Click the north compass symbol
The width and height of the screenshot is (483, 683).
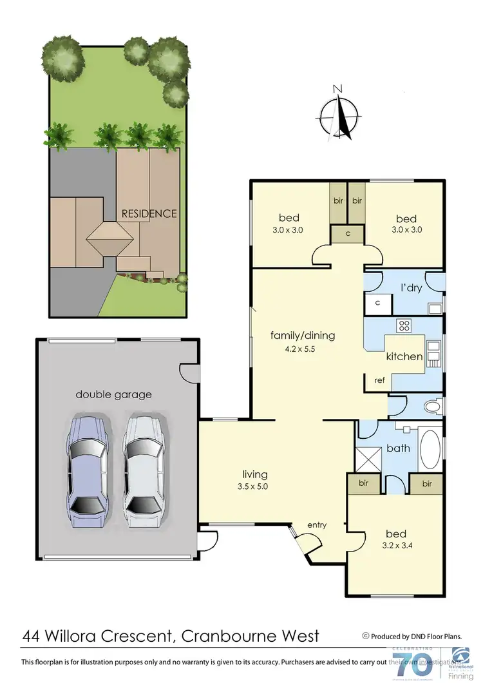point(339,117)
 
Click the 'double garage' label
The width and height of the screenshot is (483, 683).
point(114,394)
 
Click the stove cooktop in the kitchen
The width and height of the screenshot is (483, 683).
point(404,325)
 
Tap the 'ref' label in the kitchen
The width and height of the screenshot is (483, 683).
point(379,380)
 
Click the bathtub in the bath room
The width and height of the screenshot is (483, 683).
point(430,449)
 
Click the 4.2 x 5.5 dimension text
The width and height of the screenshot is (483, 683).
point(303,351)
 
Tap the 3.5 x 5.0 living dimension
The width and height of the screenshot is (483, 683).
point(251,486)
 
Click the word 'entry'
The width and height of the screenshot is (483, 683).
point(317,525)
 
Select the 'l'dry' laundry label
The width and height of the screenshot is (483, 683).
point(411,287)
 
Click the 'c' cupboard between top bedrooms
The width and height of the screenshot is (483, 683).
point(348,234)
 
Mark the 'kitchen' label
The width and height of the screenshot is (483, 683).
point(404,356)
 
